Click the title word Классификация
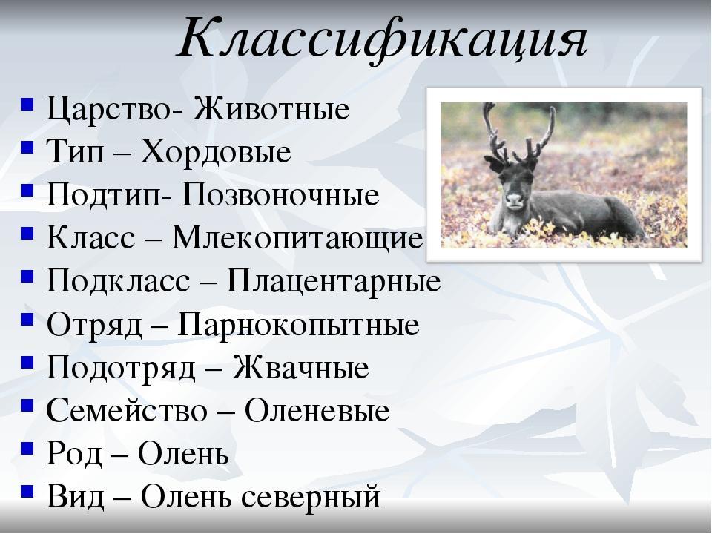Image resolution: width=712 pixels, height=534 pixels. tap(383, 39)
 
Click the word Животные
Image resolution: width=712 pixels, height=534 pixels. tap(271, 109)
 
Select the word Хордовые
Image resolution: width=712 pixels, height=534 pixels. tap(216, 151)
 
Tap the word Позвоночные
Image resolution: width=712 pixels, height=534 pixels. tap(280, 194)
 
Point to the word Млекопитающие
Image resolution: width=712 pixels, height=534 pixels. tap(297, 238)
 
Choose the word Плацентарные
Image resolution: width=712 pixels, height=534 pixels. tap(334, 281)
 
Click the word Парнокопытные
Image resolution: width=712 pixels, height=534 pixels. tap(298, 324)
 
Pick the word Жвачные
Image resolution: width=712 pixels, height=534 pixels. tap(300, 367)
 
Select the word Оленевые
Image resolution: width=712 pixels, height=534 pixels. tap(317, 410)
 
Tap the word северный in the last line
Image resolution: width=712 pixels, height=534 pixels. tap(311, 497)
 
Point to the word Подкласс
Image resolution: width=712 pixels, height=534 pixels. tap(118, 281)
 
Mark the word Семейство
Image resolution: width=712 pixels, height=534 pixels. tap(127, 410)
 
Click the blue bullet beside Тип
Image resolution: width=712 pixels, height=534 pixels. tap(27, 148)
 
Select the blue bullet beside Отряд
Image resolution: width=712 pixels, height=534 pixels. tap(27, 320)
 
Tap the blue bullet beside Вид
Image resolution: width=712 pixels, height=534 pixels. tap(27, 491)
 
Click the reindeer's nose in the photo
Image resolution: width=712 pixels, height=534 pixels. tap(515, 199)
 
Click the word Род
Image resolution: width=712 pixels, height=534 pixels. tap(74, 454)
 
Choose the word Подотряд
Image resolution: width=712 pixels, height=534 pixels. tap(121, 368)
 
